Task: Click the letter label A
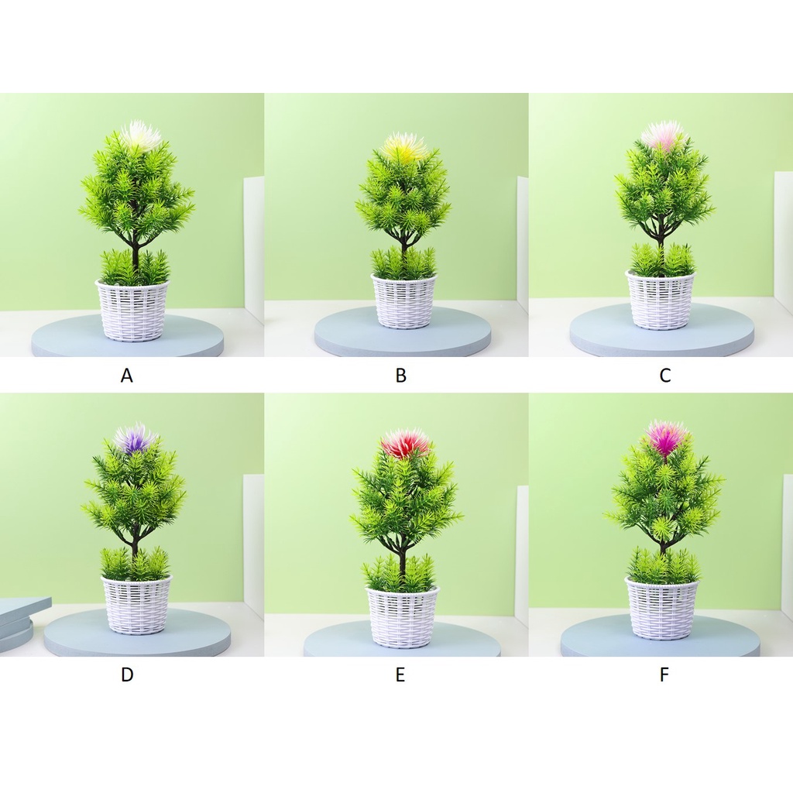pos(126,376)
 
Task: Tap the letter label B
pos(400,376)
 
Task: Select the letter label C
pos(665,376)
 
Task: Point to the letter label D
pos(127,675)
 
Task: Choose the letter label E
pos(400,675)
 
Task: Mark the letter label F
pos(664,675)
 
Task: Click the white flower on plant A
pos(141,134)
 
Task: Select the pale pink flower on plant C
pos(663,136)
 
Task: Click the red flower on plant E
pos(406,443)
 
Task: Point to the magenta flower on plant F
pos(667,437)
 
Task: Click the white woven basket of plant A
pos(132,310)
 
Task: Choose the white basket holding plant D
pos(137,605)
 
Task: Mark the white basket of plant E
pos(403,617)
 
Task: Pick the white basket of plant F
pos(663,607)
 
